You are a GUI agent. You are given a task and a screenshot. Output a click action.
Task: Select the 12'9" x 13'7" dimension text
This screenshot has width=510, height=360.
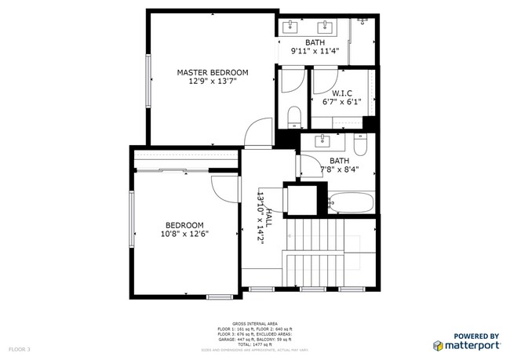pos(212,81)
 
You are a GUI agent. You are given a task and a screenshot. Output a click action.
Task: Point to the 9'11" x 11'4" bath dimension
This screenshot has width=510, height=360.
pos(315,52)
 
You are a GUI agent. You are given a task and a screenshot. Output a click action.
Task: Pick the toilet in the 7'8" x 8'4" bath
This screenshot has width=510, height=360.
pos(360,145)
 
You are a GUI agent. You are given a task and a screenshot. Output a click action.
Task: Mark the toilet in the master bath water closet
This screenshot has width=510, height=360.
pos(293,118)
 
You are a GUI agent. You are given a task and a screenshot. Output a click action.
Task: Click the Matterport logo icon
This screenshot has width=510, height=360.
pos(437,345)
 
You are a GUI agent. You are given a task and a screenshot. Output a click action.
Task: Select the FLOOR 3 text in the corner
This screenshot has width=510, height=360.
pos(20,349)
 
